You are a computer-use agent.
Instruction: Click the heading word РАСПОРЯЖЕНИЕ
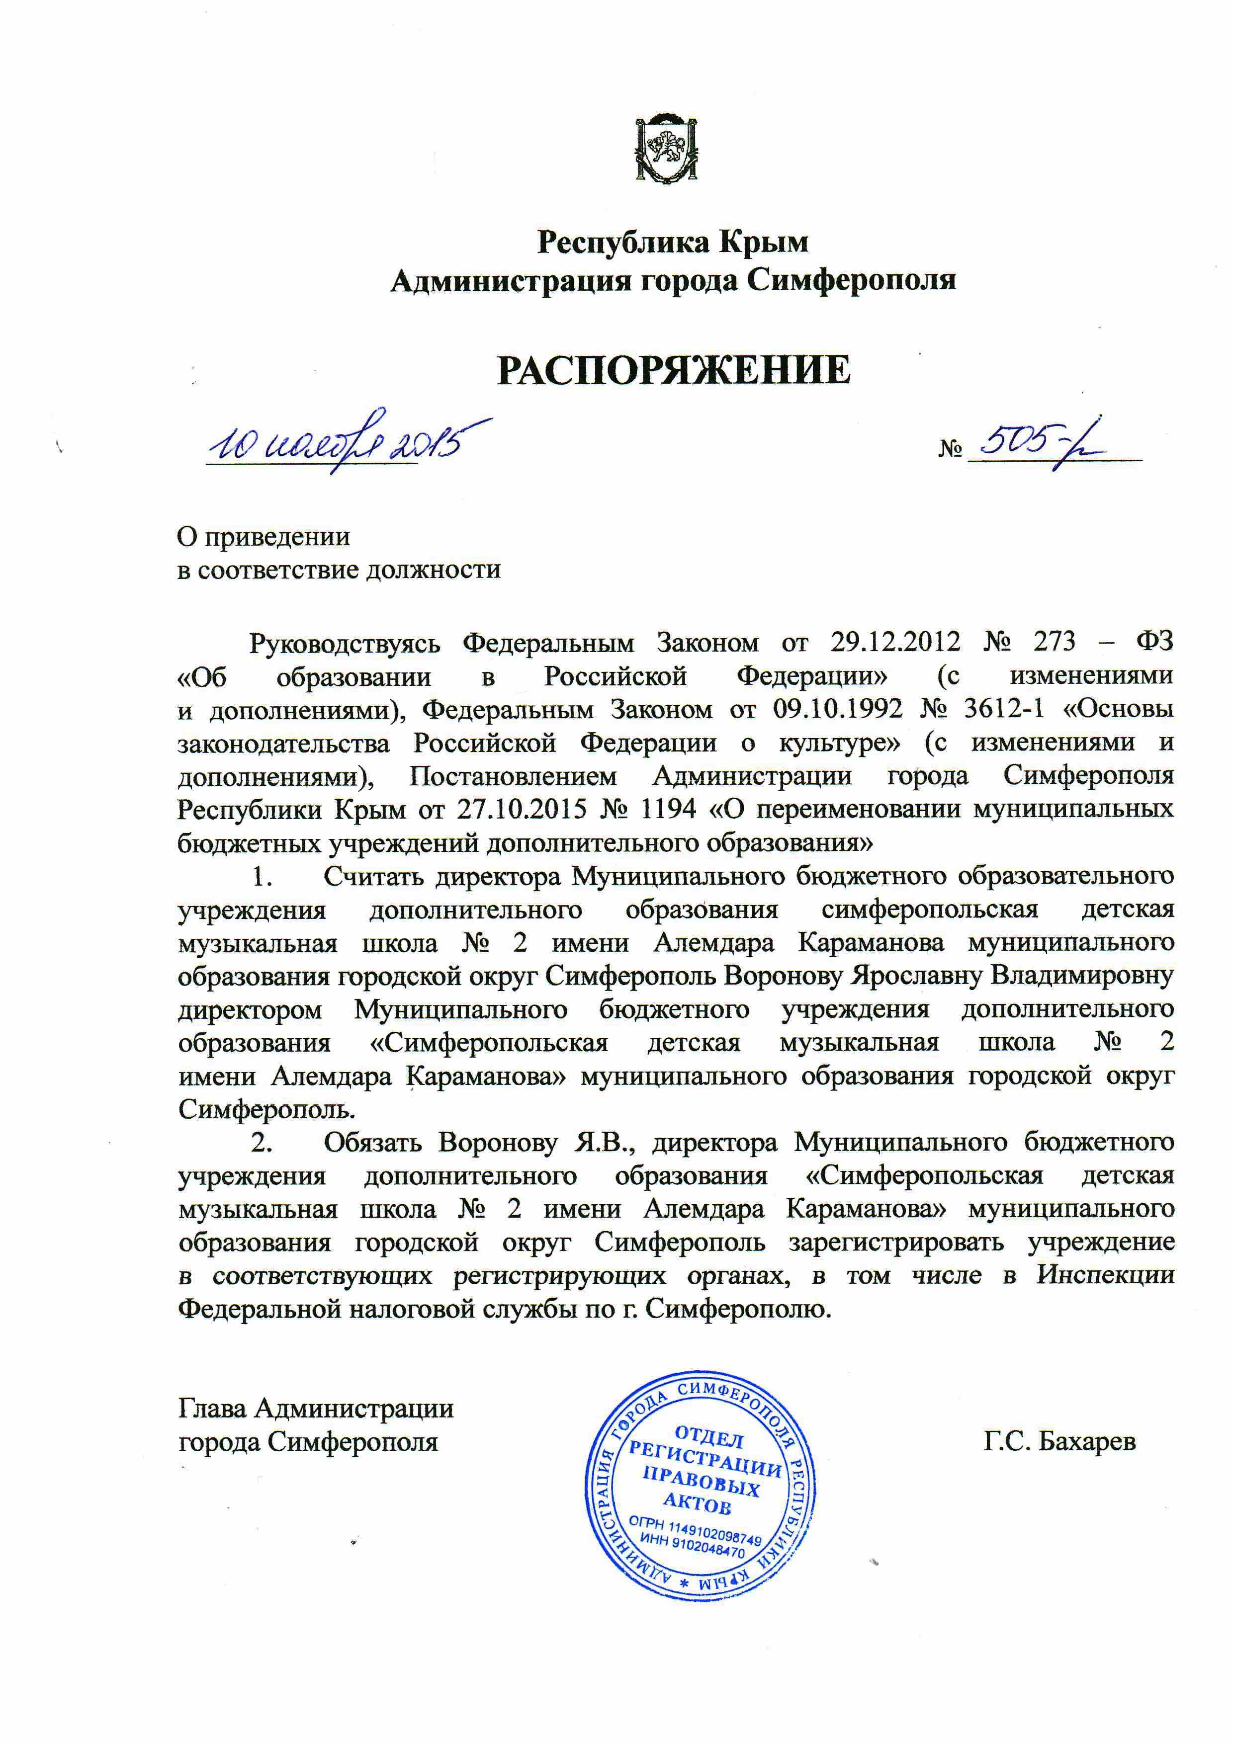[x=674, y=370]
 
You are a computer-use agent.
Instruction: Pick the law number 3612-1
[x=1004, y=709]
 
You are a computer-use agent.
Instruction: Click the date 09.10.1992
[x=837, y=709]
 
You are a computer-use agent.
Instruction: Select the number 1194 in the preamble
[x=668, y=809]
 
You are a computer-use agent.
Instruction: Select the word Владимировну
[x=1083, y=976]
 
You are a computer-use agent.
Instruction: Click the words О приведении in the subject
[x=264, y=537]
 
